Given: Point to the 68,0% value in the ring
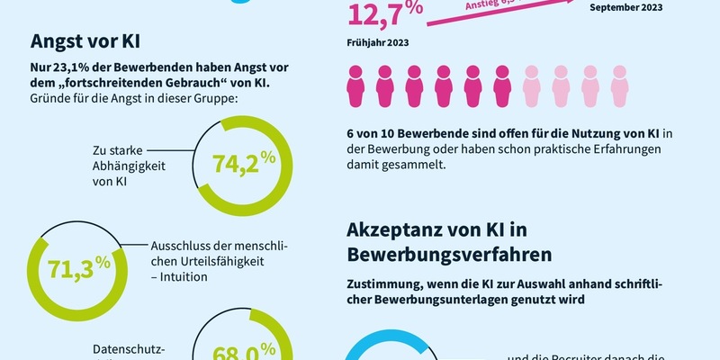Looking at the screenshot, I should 243,350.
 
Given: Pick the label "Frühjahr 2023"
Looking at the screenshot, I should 380,41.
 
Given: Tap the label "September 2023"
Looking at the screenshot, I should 625,7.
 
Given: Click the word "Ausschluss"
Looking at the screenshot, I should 177,244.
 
